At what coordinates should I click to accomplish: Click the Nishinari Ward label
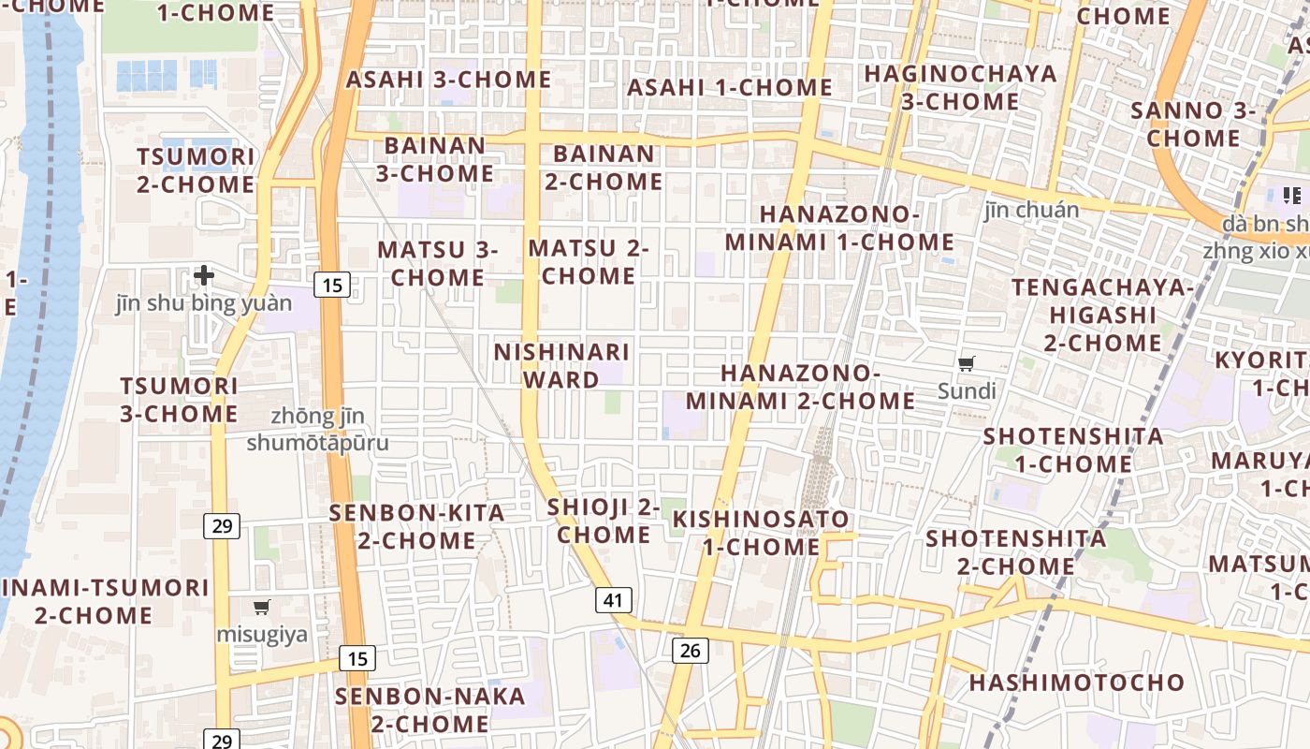point(561,366)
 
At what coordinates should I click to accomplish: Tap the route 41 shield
point(613,600)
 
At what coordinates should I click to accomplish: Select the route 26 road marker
point(690,650)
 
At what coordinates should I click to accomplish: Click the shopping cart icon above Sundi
point(967,363)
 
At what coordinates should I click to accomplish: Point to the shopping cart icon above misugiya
point(262,608)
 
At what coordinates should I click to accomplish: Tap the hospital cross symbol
point(204,275)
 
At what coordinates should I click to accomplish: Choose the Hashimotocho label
point(1077,683)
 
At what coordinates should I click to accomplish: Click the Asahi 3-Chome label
point(449,80)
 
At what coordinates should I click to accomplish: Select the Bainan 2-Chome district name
point(604,168)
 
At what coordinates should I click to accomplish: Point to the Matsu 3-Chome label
point(438,264)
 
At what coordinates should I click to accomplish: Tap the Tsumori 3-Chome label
point(179,400)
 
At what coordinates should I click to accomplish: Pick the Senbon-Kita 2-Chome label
point(417,527)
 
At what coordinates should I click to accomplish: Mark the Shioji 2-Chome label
point(604,521)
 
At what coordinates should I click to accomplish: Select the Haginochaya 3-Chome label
point(960,87)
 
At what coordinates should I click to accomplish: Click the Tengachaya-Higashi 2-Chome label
point(1102,315)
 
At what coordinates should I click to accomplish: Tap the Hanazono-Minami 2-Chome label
point(801,388)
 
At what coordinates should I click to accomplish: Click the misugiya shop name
point(262,635)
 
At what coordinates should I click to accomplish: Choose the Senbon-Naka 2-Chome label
point(430,711)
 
